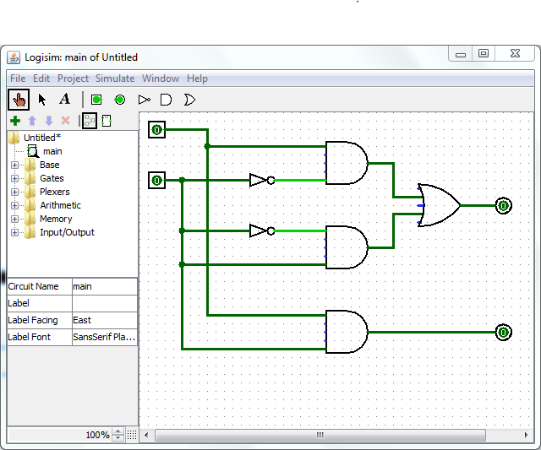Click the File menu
pos(18,79)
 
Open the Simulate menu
pos(115,79)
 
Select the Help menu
pos(197,79)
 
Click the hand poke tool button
pos(19,100)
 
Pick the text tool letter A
pos(64,100)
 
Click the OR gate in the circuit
pos(439,205)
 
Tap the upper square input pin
pos(156,129)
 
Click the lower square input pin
pos(156,180)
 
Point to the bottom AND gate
pos(347,332)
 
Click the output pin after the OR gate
pos(504,206)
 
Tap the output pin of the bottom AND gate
pos(504,332)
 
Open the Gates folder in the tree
pos(52,178)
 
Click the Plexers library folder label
pos(54,192)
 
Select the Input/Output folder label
pos(67,232)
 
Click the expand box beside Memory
pos(14,219)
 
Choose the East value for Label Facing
pos(82,320)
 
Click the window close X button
pos(515,53)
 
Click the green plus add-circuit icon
pos(15,121)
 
